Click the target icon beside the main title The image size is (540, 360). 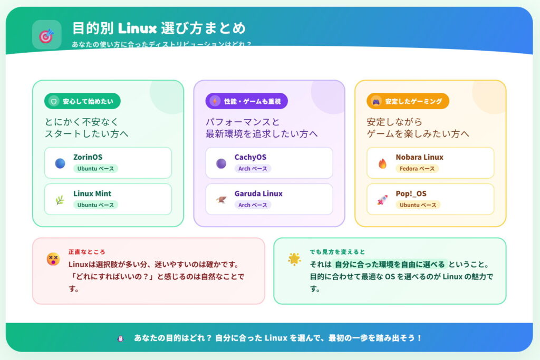46,35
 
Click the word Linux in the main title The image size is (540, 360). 137,28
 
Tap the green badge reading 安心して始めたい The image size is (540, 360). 82,101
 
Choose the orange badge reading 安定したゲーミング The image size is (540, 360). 408,101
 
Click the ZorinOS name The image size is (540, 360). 88,157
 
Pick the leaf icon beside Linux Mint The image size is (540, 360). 60,200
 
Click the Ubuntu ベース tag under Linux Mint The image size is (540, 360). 95,205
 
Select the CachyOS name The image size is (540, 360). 250,157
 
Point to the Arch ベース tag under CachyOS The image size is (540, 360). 253,169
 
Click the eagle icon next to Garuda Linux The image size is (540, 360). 221,200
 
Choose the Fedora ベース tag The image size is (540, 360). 417,169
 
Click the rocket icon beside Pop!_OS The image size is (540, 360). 382,200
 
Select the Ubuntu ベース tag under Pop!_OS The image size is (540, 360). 418,205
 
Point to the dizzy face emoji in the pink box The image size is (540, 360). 53,259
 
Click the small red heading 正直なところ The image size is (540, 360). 86,252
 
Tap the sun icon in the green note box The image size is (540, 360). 294,259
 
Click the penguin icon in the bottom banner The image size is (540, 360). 120,338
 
